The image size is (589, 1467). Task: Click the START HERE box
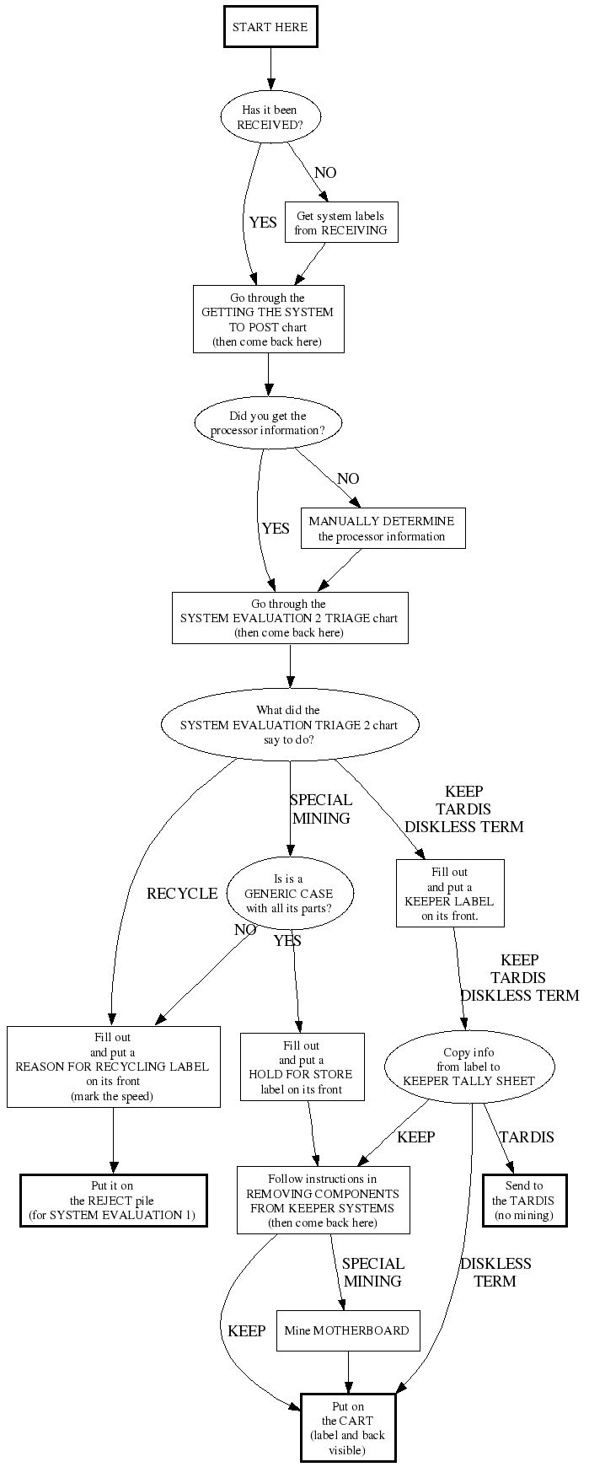point(270,27)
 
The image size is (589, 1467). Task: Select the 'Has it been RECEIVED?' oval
point(270,117)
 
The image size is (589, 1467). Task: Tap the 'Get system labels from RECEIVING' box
point(340,223)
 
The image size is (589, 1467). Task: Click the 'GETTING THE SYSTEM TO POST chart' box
point(269,320)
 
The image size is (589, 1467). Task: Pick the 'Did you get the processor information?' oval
point(268,423)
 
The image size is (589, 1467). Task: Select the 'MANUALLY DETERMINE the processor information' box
point(382,529)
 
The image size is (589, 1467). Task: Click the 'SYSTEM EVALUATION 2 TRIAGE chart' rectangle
point(289,618)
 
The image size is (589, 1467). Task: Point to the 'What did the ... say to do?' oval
point(290,725)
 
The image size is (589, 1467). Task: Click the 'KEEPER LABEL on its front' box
point(450,894)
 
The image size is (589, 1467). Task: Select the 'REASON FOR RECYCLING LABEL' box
point(113,1067)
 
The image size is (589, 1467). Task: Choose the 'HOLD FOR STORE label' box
point(302,1067)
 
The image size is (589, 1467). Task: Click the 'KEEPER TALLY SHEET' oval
point(469,1067)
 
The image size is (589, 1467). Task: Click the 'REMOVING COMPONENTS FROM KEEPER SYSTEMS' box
point(323,1200)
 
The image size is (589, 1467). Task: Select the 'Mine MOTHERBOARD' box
point(347,1330)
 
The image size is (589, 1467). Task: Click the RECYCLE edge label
point(182,894)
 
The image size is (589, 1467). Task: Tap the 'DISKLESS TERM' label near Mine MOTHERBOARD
point(495,1271)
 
